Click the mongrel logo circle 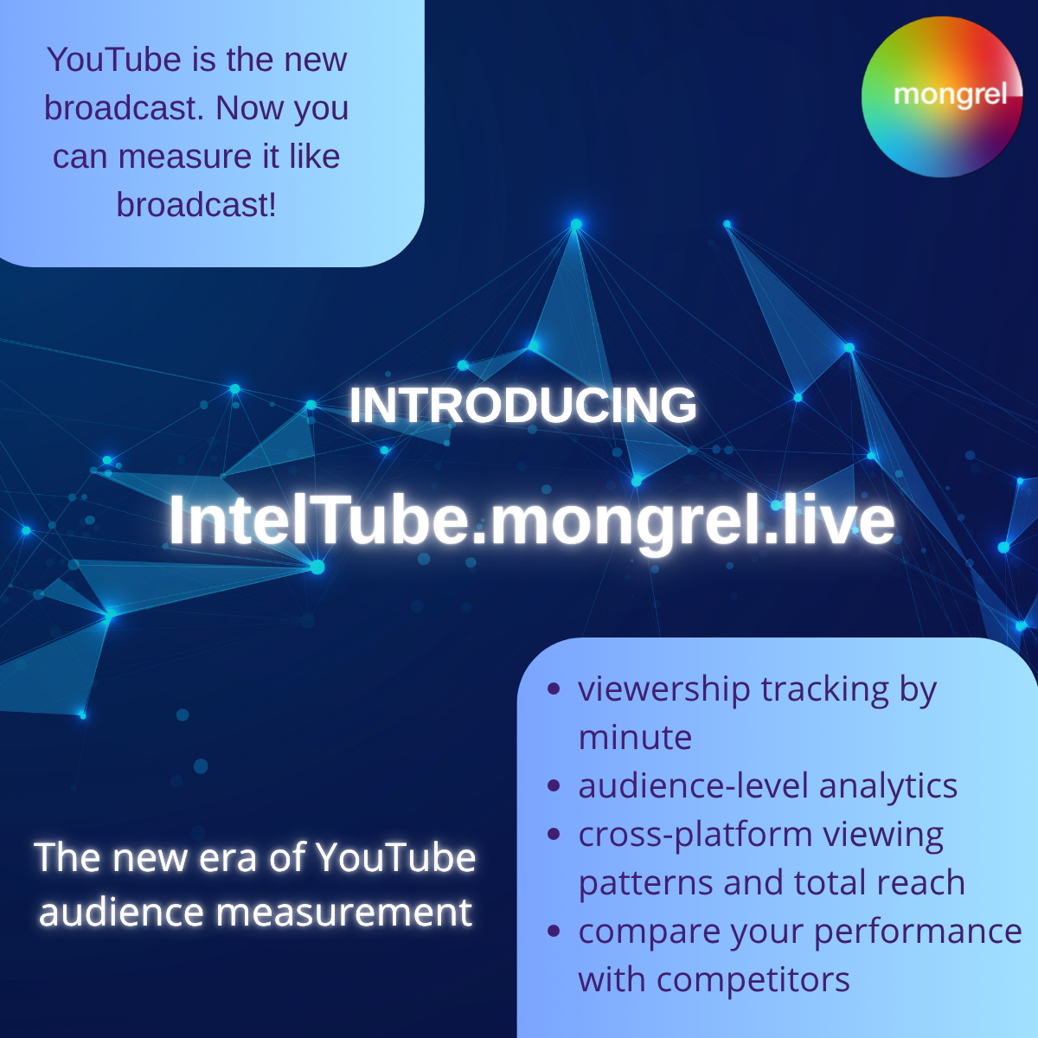click(x=942, y=97)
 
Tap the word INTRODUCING click(x=523, y=405)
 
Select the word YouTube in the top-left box click(x=114, y=60)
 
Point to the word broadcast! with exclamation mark click(x=196, y=205)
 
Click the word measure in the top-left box click(x=185, y=157)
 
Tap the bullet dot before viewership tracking click(x=554, y=689)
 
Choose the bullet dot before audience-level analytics click(x=554, y=786)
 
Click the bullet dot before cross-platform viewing click(x=554, y=835)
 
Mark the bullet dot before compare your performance click(x=554, y=932)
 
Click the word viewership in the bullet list click(x=664, y=690)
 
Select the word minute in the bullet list click(x=635, y=738)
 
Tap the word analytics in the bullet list click(x=888, y=787)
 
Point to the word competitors click(x=753, y=981)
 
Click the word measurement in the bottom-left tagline click(x=344, y=913)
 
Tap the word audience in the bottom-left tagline click(x=121, y=912)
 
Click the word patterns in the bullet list click(x=646, y=884)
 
